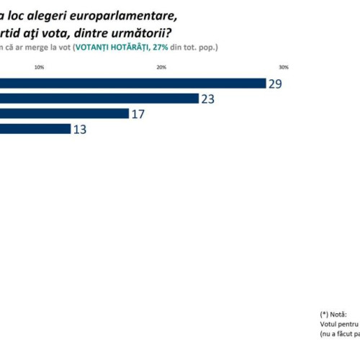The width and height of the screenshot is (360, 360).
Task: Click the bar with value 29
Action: point(133,84)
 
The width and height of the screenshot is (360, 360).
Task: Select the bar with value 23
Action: point(99,99)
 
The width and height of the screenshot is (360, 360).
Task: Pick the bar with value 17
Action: point(65,114)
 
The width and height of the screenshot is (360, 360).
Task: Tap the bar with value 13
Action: point(35,129)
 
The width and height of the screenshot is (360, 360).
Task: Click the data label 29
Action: point(275,84)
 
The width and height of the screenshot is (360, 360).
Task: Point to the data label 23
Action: point(208,99)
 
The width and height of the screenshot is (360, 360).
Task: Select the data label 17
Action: point(138,114)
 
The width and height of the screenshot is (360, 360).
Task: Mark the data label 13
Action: point(80,129)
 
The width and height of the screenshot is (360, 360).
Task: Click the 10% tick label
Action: point(39,68)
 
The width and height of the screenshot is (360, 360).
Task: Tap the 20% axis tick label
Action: point(161,68)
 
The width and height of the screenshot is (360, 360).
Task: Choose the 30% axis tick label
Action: point(284,68)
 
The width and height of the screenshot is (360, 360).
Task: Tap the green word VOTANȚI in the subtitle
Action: point(106,48)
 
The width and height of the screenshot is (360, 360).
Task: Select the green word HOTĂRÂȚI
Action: point(147,48)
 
